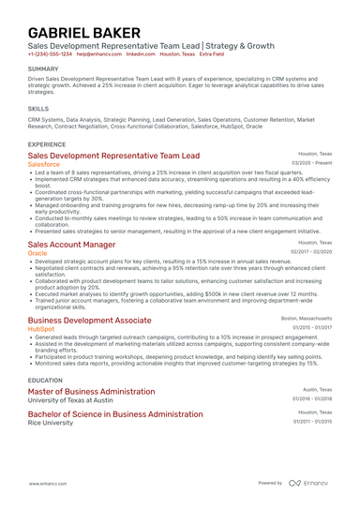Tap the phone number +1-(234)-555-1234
click(x=50, y=54)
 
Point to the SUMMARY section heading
click(x=43, y=69)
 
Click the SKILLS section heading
click(x=38, y=109)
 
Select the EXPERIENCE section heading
click(x=47, y=144)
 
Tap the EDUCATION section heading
click(x=45, y=380)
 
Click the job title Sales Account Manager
click(x=72, y=244)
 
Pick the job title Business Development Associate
click(x=89, y=320)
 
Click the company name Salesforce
click(x=46, y=163)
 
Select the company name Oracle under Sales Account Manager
click(x=37, y=253)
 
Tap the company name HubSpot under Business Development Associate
click(x=41, y=329)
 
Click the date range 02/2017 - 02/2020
click(x=311, y=252)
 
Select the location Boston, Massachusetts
click(x=307, y=318)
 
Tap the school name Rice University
click(x=52, y=422)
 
